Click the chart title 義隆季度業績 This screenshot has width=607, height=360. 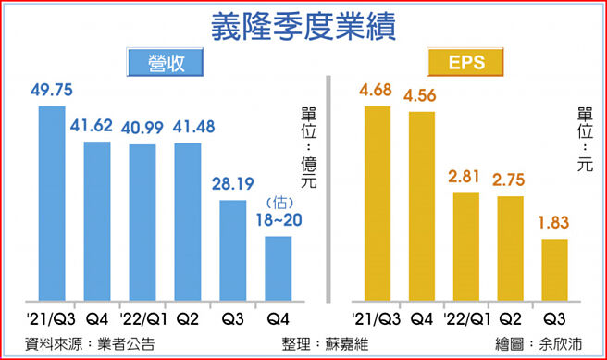(x=303, y=25)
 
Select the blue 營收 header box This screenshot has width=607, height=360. (x=167, y=64)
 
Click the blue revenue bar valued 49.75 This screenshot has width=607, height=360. (x=52, y=204)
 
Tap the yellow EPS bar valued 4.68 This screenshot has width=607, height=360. (x=378, y=204)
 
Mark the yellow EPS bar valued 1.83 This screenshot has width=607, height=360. (x=554, y=269)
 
